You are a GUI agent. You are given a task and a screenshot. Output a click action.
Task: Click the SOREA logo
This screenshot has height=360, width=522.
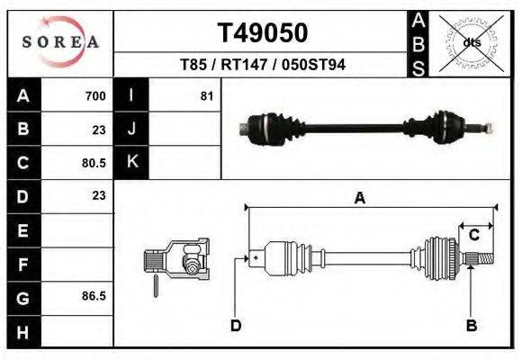click(60, 42)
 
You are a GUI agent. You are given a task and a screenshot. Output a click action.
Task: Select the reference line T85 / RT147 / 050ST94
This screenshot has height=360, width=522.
click(263, 65)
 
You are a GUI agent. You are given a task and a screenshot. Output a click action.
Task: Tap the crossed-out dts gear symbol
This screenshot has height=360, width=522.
click(471, 42)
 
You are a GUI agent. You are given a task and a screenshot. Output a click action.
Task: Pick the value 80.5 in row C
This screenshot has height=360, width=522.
click(94, 163)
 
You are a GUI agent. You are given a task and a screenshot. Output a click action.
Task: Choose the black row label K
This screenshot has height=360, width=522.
click(131, 162)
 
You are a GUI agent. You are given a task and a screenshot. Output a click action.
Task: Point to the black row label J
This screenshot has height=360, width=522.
click(131, 130)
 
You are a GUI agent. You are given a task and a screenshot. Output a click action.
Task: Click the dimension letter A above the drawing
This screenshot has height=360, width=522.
click(359, 199)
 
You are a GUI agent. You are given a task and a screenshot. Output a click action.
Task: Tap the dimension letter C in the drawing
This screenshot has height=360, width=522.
click(473, 236)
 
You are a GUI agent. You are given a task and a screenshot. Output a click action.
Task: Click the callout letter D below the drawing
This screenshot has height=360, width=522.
click(236, 326)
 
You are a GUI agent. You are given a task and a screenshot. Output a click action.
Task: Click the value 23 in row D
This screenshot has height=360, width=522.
click(98, 195)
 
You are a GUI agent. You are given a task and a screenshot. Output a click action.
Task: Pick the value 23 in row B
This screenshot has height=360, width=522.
click(98, 130)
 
